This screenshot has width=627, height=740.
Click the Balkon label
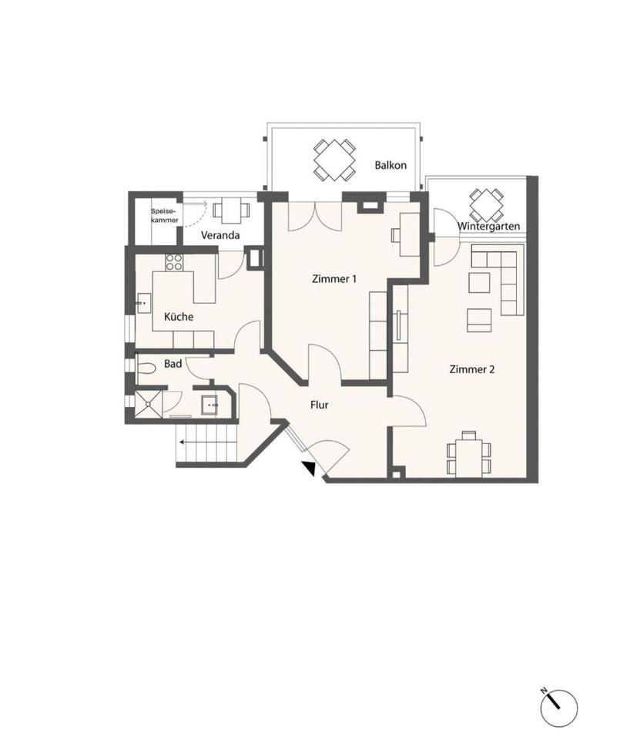pyautogui.click(x=391, y=165)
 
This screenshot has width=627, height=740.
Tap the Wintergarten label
pyautogui.click(x=488, y=226)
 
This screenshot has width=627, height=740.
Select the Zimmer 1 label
pyautogui.click(x=334, y=279)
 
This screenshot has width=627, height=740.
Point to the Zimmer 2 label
pyautogui.click(x=472, y=369)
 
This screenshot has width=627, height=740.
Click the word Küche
pyautogui.click(x=179, y=316)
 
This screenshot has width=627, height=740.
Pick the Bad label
pyautogui.click(x=173, y=364)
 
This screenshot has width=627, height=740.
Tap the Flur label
pyautogui.click(x=319, y=405)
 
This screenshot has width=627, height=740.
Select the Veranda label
pyautogui.click(x=220, y=235)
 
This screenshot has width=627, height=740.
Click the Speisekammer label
pyautogui.click(x=165, y=216)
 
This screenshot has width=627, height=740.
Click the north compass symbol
pyautogui.click(x=558, y=708)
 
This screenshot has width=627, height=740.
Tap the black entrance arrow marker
pyautogui.click(x=309, y=468)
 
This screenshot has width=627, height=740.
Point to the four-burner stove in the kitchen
pyautogui.click(x=174, y=262)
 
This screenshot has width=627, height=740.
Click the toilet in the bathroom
pyautogui.click(x=146, y=367)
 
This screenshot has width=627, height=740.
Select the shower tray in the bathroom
pyautogui.click(x=149, y=404)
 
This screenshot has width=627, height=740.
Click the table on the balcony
pyautogui.click(x=334, y=160)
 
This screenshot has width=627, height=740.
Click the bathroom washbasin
pyautogui.click(x=210, y=405)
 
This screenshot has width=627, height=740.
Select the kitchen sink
pyautogui.click(x=144, y=303)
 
